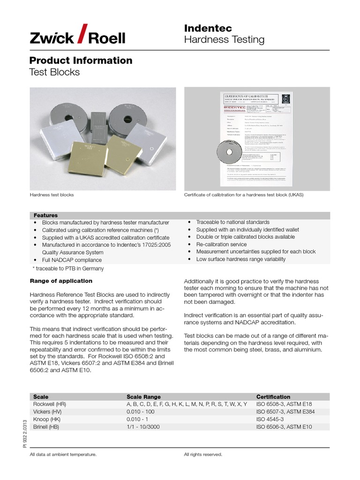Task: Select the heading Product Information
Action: (x=81, y=60)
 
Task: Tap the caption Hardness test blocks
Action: (x=52, y=195)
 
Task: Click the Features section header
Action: (x=45, y=215)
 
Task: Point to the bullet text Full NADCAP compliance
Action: (x=72, y=260)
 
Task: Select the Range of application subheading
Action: (x=61, y=281)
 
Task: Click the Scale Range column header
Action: (x=143, y=397)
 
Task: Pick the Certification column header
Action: (x=273, y=397)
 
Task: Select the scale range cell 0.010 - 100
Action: (x=143, y=412)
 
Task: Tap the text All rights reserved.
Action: (x=203, y=454)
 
